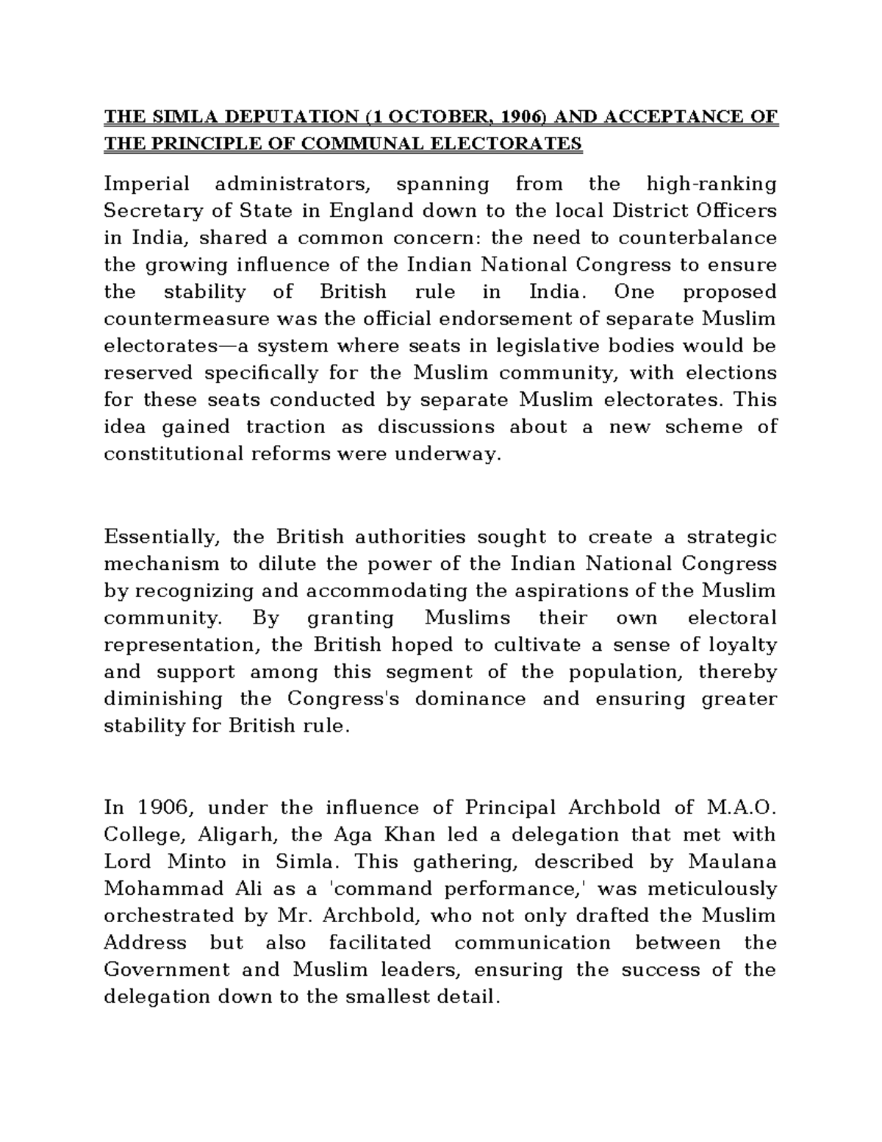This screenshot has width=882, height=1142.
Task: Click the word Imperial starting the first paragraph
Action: click(146, 184)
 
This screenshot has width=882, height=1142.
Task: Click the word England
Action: click(371, 211)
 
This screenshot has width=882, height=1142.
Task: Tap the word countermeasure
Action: click(189, 319)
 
